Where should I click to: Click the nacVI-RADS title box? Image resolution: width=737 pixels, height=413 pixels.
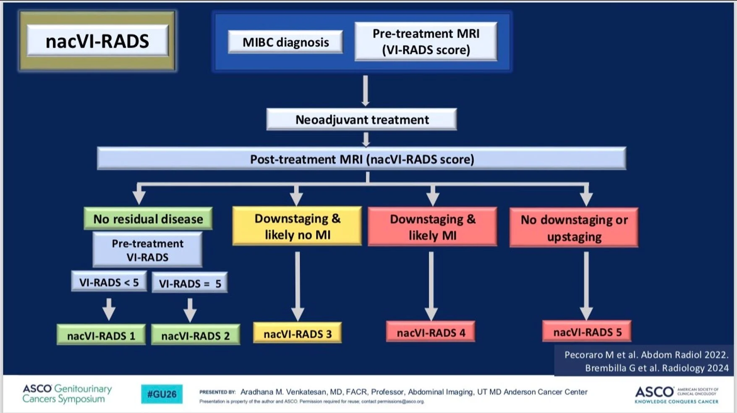pyautogui.click(x=97, y=41)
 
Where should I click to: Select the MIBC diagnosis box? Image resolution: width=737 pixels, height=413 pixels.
pyautogui.click(x=285, y=42)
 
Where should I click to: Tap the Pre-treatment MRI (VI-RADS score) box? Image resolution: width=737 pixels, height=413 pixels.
pyautogui.click(x=426, y=42)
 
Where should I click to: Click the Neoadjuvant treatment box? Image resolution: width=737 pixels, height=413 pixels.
pyautogui.click(x=362, y=119)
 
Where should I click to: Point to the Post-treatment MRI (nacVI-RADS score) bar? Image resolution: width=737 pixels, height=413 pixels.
pyautogui.click(x=362, y=158)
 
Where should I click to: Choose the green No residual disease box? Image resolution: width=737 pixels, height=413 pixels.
pyautogui.click(x=148, y=218)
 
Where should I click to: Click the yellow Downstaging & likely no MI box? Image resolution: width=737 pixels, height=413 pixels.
pyautogui.click(x=297, y=226)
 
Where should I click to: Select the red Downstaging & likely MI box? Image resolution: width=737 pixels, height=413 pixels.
pyautogui.click(x=433, y=226)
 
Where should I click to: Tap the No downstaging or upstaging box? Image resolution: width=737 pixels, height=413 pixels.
pyautogui.click(x=574, y=228)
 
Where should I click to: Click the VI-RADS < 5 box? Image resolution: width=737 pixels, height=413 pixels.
pyautogui.click(x=109, y=282)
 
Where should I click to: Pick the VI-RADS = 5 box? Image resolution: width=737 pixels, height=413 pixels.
pyautogui.click(x=190, y=283)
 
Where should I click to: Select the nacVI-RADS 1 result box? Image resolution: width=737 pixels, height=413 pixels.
pyautogui.click(x=101, y=335)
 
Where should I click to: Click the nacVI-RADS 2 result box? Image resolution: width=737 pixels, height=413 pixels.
pyautogui.click(x=196, y=335)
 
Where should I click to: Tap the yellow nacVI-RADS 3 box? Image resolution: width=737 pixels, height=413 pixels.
pyautogui.click(x=298, y=333)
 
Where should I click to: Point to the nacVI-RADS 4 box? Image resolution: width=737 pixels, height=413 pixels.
pyautogui.click(x=431, y=332)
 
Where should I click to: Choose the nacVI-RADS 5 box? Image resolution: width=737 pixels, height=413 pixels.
pyautogui.click(x=587, y=332)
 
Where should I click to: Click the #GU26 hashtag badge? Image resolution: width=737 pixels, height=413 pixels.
pyautogui.click(x=162, y=394)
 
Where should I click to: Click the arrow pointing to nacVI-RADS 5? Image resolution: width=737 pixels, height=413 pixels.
pyautogui.click(x=586, y=286)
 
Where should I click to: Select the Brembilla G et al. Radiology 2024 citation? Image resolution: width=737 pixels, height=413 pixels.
pyautogui.click(x=657, y=368)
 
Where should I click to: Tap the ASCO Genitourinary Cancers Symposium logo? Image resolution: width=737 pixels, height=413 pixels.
pyautogui.click(x=67, y=394)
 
